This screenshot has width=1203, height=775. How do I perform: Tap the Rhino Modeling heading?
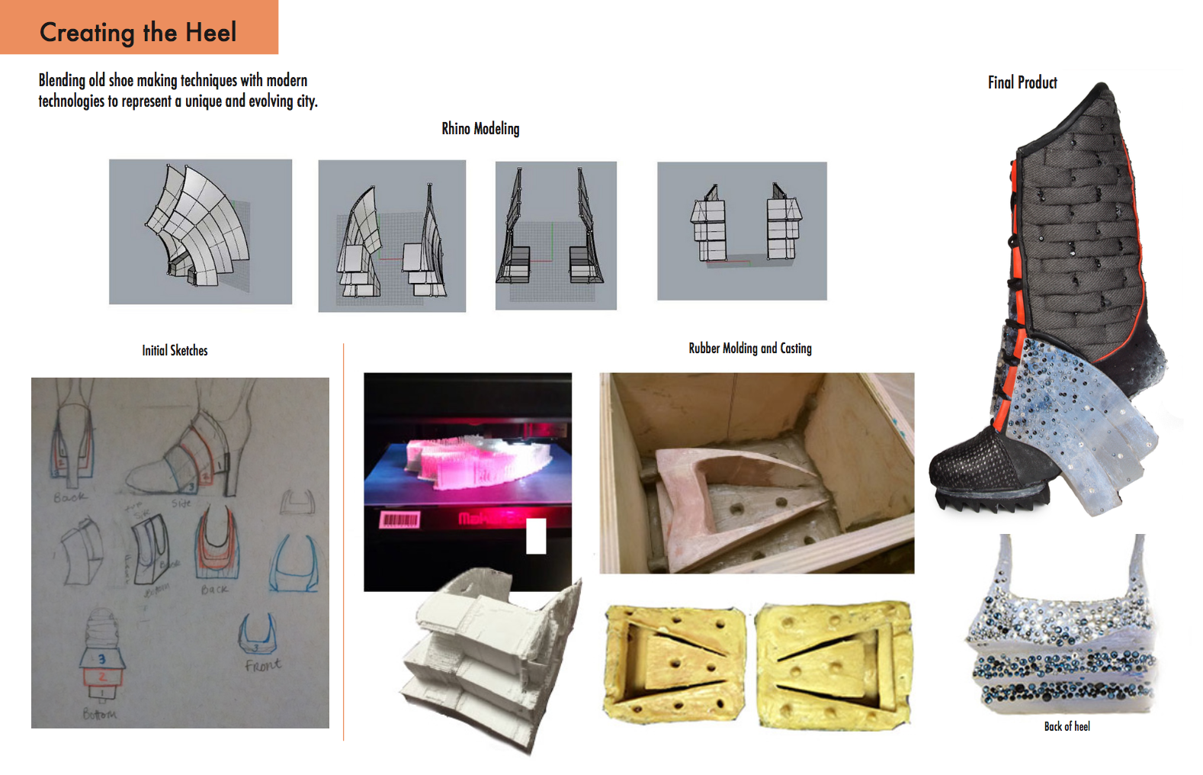(x=480, y=129)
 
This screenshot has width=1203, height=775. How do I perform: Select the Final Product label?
(x=1022, y=82)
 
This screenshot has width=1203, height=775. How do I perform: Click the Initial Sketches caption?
(x=175, y=351)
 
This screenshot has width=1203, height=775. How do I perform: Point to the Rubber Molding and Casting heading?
(x=749, y=349)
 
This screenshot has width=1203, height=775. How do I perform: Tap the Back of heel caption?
(x=1067, y=727)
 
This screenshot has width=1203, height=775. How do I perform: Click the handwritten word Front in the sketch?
(x=263, y=665)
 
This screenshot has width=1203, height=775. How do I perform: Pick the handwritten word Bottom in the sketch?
(x=100, y=715)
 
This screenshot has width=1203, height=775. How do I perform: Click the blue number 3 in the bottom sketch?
(x=101, y=658)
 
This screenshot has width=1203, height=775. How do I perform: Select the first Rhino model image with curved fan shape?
(x=200, y=231)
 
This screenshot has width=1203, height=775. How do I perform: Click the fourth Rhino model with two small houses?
(x=742, y=230)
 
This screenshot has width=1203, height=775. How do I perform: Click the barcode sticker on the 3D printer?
(x=399, y=520)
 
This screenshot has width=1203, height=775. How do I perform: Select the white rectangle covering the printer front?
(x=536, y=536)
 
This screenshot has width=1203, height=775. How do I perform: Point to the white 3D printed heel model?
(x=488, y=656)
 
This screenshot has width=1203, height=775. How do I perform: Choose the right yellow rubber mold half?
(x=833, y=664)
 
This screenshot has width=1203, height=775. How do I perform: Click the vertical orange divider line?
(x=344, y=542)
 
